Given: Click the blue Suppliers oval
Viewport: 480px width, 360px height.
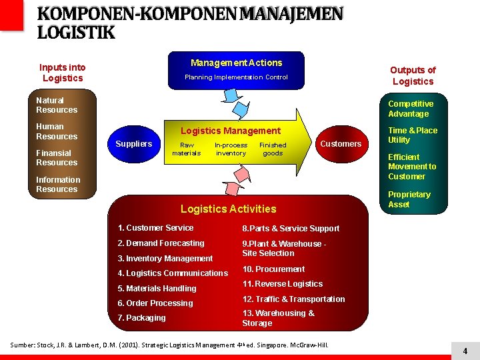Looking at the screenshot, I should (x=133, y=144).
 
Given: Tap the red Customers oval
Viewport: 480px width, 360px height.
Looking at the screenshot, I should (x=341, y=144).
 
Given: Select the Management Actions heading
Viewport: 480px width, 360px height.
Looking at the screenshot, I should (x=236, y=63).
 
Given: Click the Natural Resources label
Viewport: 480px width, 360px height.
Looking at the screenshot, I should (x=57, y=105).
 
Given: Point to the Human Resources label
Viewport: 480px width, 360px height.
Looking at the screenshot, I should (x=57, y=131).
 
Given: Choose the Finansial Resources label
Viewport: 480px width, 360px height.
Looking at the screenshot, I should (x=57, y=157).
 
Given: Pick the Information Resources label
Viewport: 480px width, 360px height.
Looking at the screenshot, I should (x=58, y=184).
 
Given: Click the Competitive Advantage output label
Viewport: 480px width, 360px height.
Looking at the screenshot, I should (x=411, y=109).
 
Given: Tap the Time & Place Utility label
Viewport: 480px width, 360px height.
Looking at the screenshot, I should (x=413, y=135).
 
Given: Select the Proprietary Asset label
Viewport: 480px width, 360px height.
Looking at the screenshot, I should (x=409, y=199).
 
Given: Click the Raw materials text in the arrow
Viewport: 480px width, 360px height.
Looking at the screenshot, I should (x=186, y=149).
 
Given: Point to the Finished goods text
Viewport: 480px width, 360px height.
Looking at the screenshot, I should (x=273, y=149).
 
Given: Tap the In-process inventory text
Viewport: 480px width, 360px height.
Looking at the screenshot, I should (x=231, y=149).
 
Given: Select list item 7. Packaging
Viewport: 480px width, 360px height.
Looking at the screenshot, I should (x=141, y=318).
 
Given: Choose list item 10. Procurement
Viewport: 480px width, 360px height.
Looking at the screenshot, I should (x=273, y=269).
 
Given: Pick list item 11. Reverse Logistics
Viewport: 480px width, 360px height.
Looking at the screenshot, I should (x=282, y=284).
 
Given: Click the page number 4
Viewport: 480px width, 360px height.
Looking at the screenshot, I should (x=465, y=351).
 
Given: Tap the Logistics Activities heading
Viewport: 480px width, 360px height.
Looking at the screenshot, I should (x=228, y=209).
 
